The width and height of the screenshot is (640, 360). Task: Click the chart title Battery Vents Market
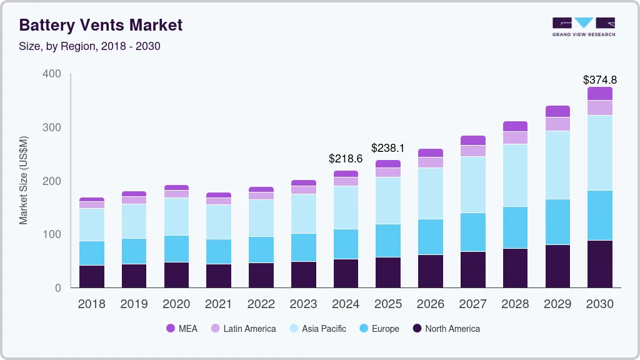[101, 25]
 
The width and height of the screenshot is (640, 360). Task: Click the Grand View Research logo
[583, 27]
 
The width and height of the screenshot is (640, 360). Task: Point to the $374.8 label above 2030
[599, 80]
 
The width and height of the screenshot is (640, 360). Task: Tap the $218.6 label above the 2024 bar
[346, 159]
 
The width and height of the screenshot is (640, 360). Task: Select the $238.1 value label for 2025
[388, 148]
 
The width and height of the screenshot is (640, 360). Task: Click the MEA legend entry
[182, 329]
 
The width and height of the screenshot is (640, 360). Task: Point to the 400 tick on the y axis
[52, 74]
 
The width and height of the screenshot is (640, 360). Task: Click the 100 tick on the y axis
[52, 234]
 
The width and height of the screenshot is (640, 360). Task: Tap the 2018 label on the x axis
[91, 304]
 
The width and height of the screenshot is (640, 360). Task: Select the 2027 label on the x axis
[472, 304]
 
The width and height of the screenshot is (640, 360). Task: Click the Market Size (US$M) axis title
[23, 180]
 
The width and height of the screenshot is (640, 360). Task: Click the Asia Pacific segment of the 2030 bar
[599, 152]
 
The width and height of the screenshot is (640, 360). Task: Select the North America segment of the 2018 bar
[91, 276]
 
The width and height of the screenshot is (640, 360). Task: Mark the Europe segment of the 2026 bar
[430, 237]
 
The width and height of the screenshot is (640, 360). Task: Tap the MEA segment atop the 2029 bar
[557, 111]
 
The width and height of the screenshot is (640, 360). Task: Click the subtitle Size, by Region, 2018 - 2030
[89, 46]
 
